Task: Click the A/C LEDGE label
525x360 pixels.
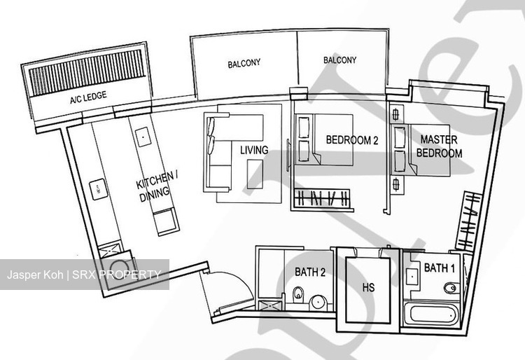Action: click(x=88, y=97)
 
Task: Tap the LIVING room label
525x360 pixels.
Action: click(x=254, y=150)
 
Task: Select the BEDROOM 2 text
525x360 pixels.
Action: click(x=352, y=139)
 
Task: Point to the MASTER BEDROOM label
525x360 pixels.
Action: click(x=439, y=146)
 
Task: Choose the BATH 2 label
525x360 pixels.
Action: click(x=310, y=272)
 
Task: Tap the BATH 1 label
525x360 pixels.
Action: click(x=440, y=268)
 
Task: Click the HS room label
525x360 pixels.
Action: click(x=368, y=287)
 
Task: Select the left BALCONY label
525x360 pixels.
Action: click(x=244, y=63)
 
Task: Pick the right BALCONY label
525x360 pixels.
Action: click(x=339, y=60)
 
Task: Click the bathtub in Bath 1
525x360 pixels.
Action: click(x=432, y=314)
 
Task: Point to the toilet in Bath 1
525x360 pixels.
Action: click(x=451, y=288)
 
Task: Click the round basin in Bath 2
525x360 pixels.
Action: click(x=317, y=303)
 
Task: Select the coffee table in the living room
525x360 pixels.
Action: click(x=255, y=174)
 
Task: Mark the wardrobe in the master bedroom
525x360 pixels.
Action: click(x=469, y=221)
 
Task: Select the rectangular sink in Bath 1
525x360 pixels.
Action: click(x=412, y=277)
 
